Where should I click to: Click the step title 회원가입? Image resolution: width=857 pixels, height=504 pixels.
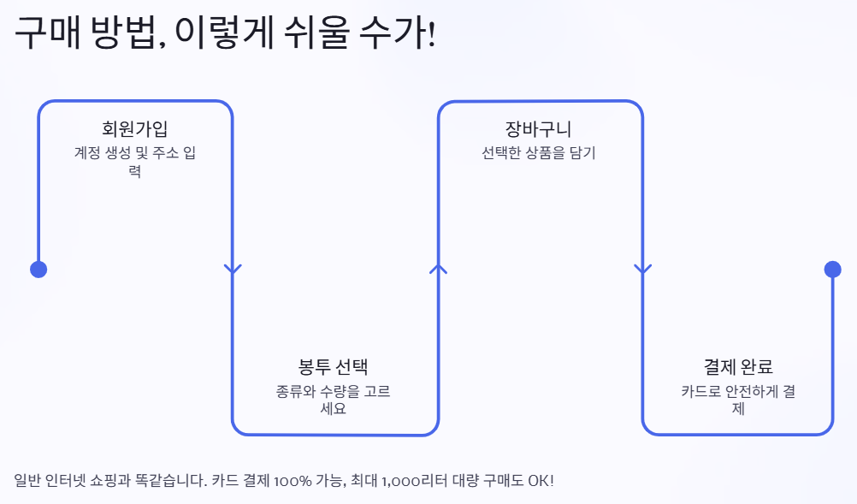[135, 129]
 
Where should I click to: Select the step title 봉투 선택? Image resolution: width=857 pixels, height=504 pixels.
[333, 367]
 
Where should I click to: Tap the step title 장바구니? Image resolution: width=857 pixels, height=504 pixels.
[539, 129]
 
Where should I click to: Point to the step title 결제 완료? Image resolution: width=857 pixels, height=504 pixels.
[738, 367]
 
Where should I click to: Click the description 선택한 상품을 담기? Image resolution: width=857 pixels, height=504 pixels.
[539, 154]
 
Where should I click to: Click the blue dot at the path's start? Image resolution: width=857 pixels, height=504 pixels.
[38, 270]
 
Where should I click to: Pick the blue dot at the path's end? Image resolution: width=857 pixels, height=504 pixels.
[833, 270]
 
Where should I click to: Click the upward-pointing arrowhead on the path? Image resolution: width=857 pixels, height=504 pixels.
[438, 269]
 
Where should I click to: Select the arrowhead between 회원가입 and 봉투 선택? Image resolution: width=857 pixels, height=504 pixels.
[233, 269]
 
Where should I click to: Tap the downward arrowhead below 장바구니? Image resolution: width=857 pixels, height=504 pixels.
[642, 269]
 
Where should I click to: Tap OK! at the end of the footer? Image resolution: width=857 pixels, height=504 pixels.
[541, 480]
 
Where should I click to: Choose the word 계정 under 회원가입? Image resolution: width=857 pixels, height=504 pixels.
[87, 154]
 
